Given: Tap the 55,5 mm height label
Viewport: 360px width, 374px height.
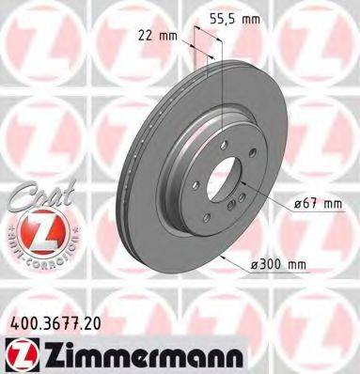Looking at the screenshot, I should coord(232,17).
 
